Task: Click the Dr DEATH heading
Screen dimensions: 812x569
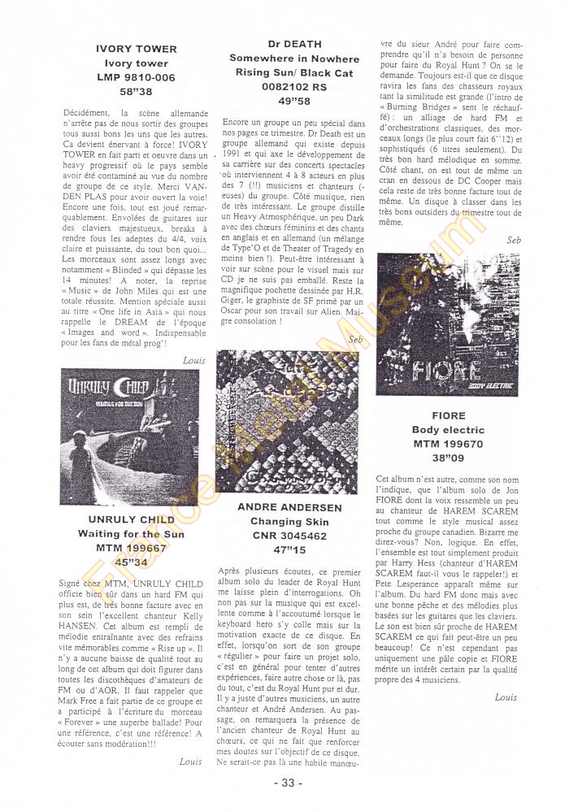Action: coord(294,44)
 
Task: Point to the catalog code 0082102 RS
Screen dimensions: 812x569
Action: coord(294,87)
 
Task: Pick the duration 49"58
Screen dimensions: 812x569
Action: coord(294,102)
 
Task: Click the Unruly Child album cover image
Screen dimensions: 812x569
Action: coord(130,436)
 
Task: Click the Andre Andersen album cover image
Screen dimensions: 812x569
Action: coord(286,421)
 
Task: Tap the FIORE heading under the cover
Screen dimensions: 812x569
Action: coord(448,415)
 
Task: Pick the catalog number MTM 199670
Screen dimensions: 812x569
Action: coord(448,445)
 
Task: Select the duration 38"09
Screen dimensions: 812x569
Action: coord(448,459)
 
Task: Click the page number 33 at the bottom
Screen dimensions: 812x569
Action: coord(286,783)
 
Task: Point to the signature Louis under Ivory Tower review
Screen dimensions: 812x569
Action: coord(194,359)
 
